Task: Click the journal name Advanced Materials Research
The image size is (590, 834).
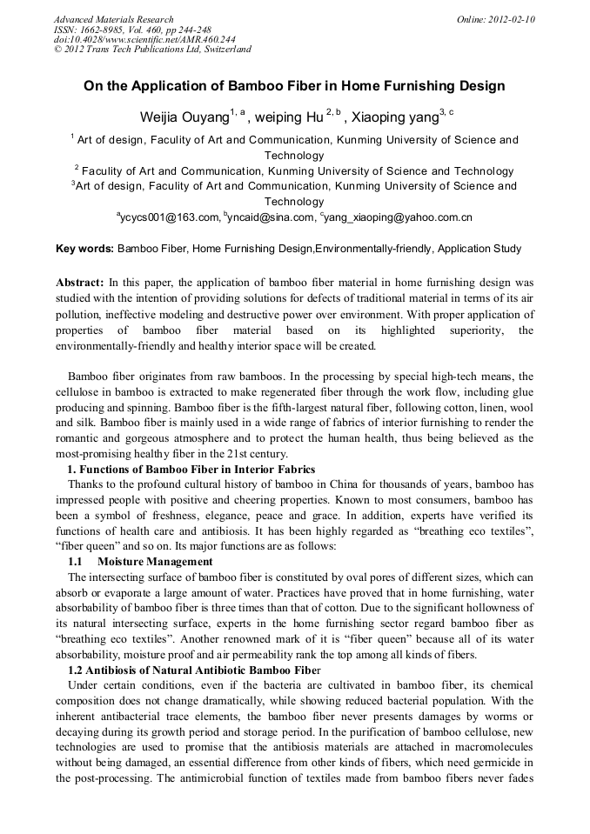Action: coord(113,19)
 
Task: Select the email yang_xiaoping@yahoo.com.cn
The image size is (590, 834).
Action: coord(399,218)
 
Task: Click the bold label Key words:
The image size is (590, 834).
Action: coord(84,249)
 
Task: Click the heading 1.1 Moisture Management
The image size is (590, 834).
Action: coord(140,562)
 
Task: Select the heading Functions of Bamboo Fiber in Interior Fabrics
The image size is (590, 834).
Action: coord(197,470)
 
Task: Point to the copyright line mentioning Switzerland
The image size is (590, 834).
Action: coord(152,50)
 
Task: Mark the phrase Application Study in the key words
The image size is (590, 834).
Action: coord(479,249)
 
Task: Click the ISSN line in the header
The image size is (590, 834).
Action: coord(132,30)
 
